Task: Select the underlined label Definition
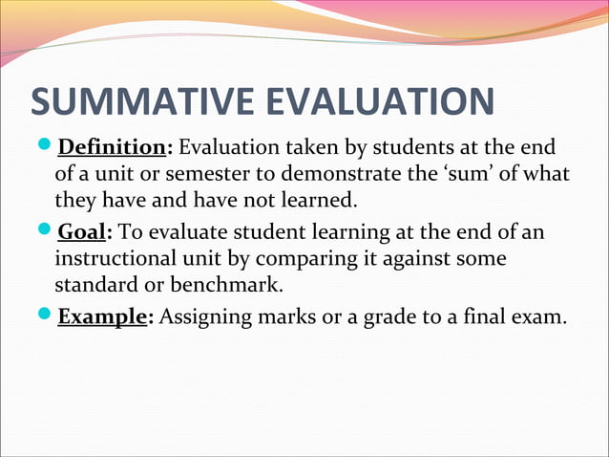(112, 150)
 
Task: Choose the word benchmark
(238, 285)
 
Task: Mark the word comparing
(285, 259)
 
